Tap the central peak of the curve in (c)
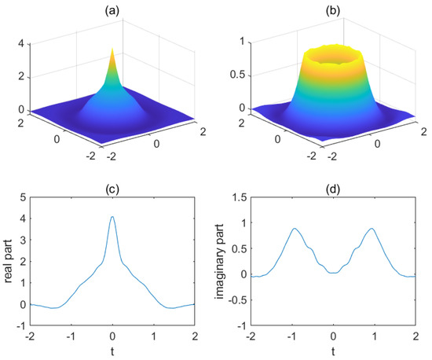112,217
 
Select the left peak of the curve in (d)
295,229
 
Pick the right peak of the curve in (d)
370,229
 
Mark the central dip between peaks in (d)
332,273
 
